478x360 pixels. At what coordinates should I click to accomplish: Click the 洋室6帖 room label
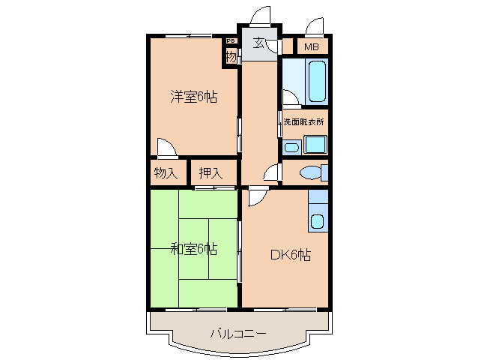pos(193,97)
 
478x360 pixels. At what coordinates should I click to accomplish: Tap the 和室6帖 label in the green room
pos(193,248)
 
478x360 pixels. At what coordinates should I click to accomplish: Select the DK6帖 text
pos(290,255)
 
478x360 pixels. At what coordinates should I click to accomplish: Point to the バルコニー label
pos(238,332)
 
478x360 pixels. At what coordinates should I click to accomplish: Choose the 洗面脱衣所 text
pos(304,121)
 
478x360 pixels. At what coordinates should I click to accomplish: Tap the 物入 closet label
pos(166,173)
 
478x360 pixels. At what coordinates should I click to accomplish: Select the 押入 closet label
pos(211,173)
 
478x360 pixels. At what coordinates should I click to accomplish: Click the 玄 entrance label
pos(258,43)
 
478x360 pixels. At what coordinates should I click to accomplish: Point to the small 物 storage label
pos(231,56)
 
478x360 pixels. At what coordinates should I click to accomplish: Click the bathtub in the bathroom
pos(316,82)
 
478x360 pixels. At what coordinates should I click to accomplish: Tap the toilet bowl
pos(310,172)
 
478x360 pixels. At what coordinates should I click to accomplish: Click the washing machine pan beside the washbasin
pos(315,144)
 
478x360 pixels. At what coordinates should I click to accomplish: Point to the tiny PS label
pos(231,40)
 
